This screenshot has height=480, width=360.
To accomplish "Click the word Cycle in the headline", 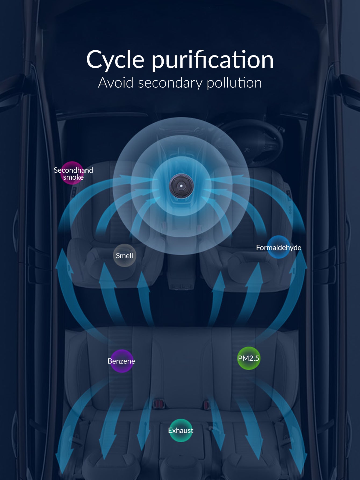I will point(115,60).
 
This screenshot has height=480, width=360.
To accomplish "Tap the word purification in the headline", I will point(213,60).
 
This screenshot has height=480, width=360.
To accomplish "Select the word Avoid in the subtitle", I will point(116,83).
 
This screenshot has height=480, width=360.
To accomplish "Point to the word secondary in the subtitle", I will point(170,83).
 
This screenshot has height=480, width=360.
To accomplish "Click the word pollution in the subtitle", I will point(234,83).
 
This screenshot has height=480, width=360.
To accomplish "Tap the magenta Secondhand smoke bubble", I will point(72,173).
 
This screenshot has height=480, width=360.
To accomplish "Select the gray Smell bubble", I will point(124,255).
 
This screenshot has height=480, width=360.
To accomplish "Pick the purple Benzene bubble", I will point(122,361).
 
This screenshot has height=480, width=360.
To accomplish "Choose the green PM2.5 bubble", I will point(249,358).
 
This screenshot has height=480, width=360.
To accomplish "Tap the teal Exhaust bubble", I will point(181,430).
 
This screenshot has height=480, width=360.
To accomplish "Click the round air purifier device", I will point(181,186).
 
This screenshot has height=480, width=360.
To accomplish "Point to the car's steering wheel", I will point(255,143).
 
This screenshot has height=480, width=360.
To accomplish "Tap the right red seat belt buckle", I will point(206,404).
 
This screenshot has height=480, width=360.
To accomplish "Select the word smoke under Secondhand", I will point(73,177).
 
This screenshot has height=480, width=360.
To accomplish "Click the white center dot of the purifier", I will point(181,186).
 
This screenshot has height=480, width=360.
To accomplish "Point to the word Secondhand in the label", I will point(73,170).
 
